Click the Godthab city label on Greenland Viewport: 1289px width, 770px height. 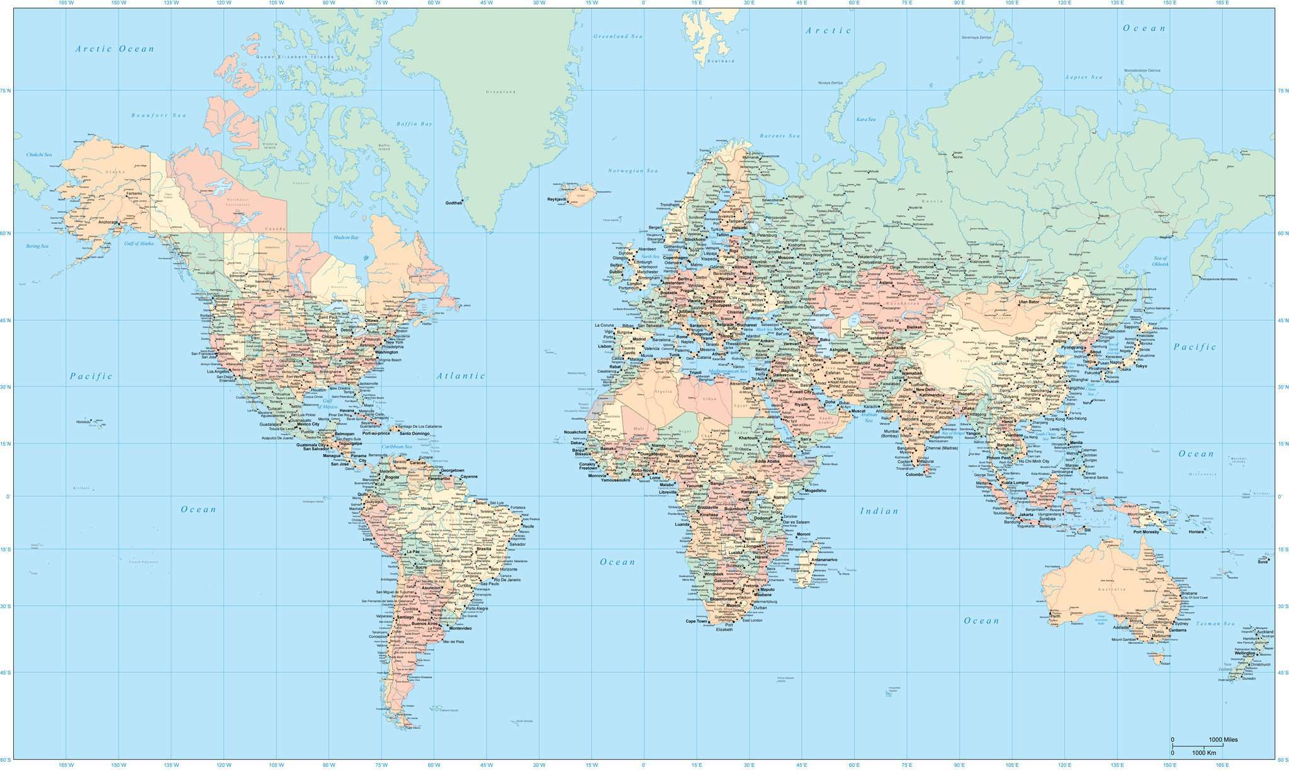tap(453, 203)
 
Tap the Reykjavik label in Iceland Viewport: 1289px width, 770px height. tap(556, 199)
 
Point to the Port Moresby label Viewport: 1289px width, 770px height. tap(1145, 532)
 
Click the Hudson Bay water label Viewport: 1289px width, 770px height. tap(346, 237)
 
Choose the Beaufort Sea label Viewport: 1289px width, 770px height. tap(159, 115)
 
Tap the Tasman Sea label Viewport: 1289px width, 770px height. tap(1215, 624)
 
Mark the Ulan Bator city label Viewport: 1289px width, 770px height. tap(1028, 302)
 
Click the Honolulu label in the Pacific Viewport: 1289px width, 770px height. tap(83, 422)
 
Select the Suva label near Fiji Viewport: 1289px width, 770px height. tap(1263, 562)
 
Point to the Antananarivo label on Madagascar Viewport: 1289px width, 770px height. tap(824, 560)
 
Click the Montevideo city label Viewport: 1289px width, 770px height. tap(459, 628)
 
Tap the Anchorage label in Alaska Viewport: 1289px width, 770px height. tap(108, 222)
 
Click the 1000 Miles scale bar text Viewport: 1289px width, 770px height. tap(1223, 739)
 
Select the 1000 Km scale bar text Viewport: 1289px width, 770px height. tap(1204, 753)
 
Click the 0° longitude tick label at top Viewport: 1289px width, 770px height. tap(643, 3)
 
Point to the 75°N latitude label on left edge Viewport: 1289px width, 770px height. tap(6, 91)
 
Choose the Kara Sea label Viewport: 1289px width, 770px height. tap(865, 119)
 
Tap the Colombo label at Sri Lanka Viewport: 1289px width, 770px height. tap(914, 475)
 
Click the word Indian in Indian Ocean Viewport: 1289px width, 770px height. tap(879, 511)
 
